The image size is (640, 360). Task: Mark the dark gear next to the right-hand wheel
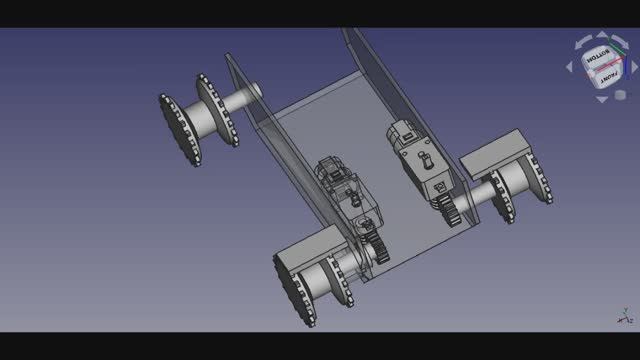pyautogui.click(x=449, y=209)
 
